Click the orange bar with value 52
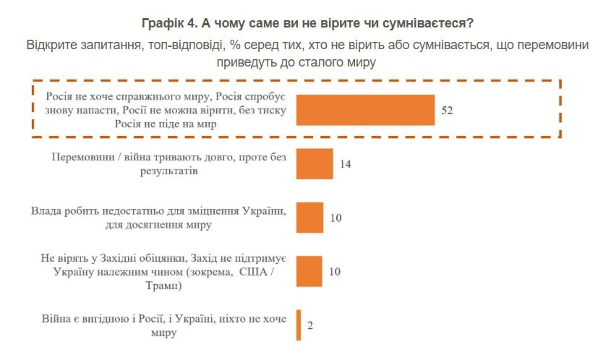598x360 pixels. point(365,110)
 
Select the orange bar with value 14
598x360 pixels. point(315,164)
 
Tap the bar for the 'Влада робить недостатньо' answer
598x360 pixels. point(309,218)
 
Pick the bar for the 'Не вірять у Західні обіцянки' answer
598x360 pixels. point(309,271)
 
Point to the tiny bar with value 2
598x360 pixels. point(298,325)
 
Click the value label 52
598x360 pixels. point(448,111)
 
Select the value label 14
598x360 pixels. point(346,164)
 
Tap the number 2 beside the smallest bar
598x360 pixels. point(310,325)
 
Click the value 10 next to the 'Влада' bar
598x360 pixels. point(336,218)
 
